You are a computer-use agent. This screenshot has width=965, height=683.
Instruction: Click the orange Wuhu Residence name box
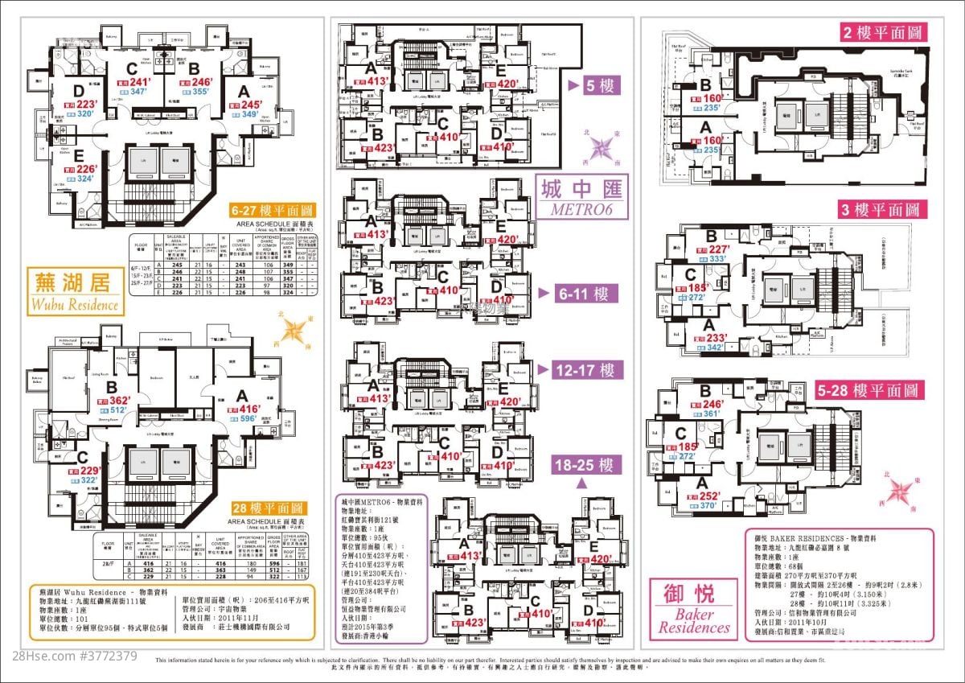tap(75, 292)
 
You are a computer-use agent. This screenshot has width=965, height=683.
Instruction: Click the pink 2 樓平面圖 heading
tap(884, 33)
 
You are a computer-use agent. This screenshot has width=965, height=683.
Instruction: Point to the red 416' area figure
tap(247, 408)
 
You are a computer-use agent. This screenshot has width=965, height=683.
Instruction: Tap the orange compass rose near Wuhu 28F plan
tap(296, 329)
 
